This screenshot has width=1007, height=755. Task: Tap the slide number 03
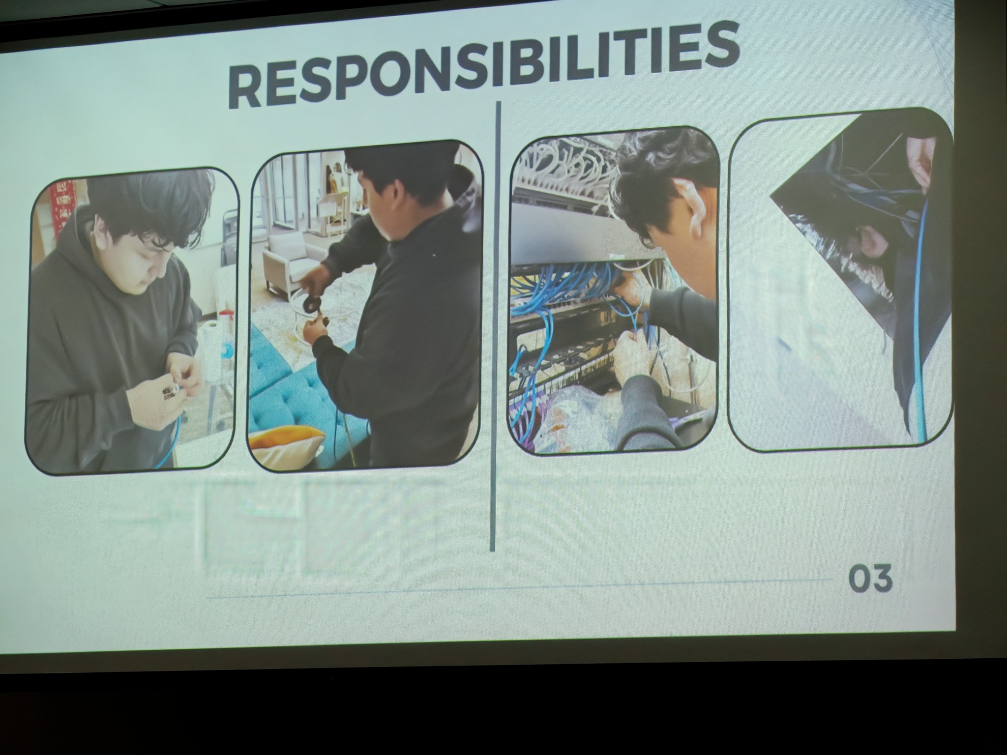click(870, 579)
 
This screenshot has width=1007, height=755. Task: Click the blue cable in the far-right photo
click(919, 319)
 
